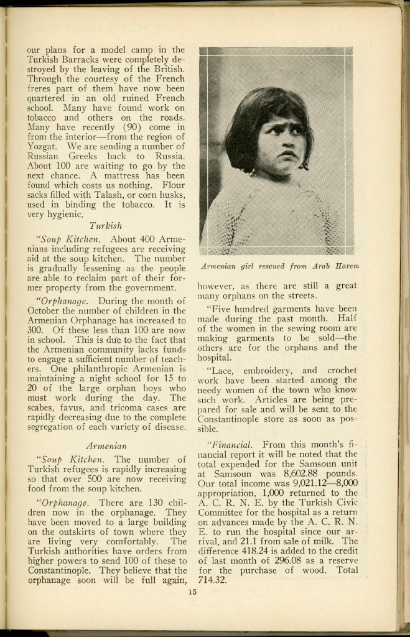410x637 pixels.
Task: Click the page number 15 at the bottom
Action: (x=192, y=592)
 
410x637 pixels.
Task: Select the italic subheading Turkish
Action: (x=106, y=226)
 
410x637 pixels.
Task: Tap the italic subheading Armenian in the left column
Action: (x=106, y=445)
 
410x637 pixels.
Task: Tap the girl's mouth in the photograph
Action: (x=286, y=154)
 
